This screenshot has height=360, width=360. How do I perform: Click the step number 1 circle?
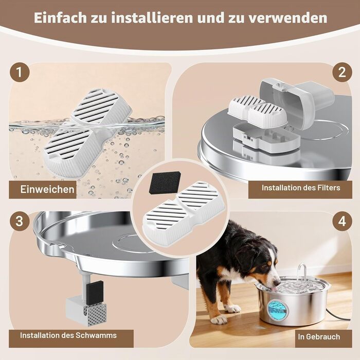tap(20, 72)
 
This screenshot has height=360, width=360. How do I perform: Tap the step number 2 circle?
tap(342, 72)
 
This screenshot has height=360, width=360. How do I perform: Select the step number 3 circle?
tap(20, 221)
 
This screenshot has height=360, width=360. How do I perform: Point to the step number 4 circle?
tap(342, 221)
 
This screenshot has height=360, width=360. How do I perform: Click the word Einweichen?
tap(47, 189)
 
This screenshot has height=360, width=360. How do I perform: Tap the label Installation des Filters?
tap(301, 188)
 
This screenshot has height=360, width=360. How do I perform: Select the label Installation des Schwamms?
tap(68, 335)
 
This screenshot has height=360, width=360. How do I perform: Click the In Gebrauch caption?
tap(319, 337)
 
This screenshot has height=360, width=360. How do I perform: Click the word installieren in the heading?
tap(152, 17)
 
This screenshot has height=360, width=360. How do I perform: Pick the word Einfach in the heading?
tap(60, 17)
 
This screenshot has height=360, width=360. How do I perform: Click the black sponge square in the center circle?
tap(165, 183)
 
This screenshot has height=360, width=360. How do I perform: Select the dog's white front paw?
tap(219, 319)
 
